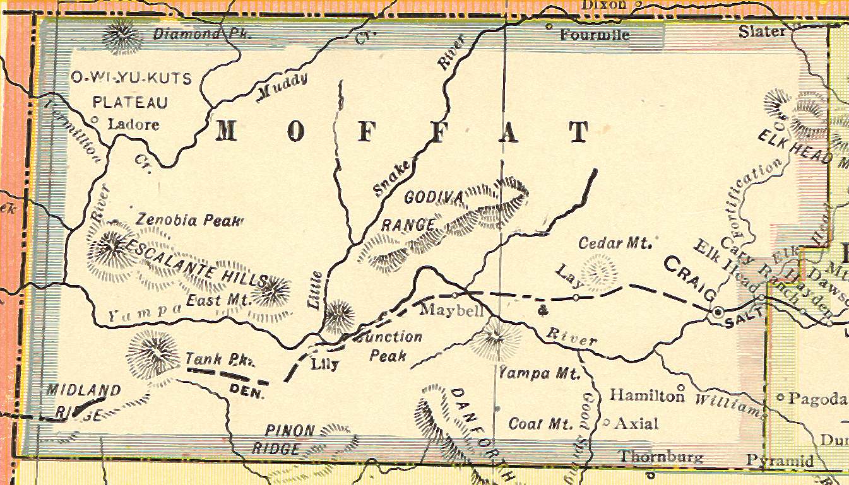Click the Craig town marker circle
coord(718,312)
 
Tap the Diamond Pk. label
coord(202,34)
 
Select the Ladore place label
coord(134,124)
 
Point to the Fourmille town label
coord(595,35)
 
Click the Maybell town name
coord(451,311)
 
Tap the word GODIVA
coord(434,197)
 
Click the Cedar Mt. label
coord(615,243)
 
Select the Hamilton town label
coord(647,395)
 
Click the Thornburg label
coord(661,457)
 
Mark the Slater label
coord(763,32)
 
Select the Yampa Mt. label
coord(538,373)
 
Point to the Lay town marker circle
coord(576,296)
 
